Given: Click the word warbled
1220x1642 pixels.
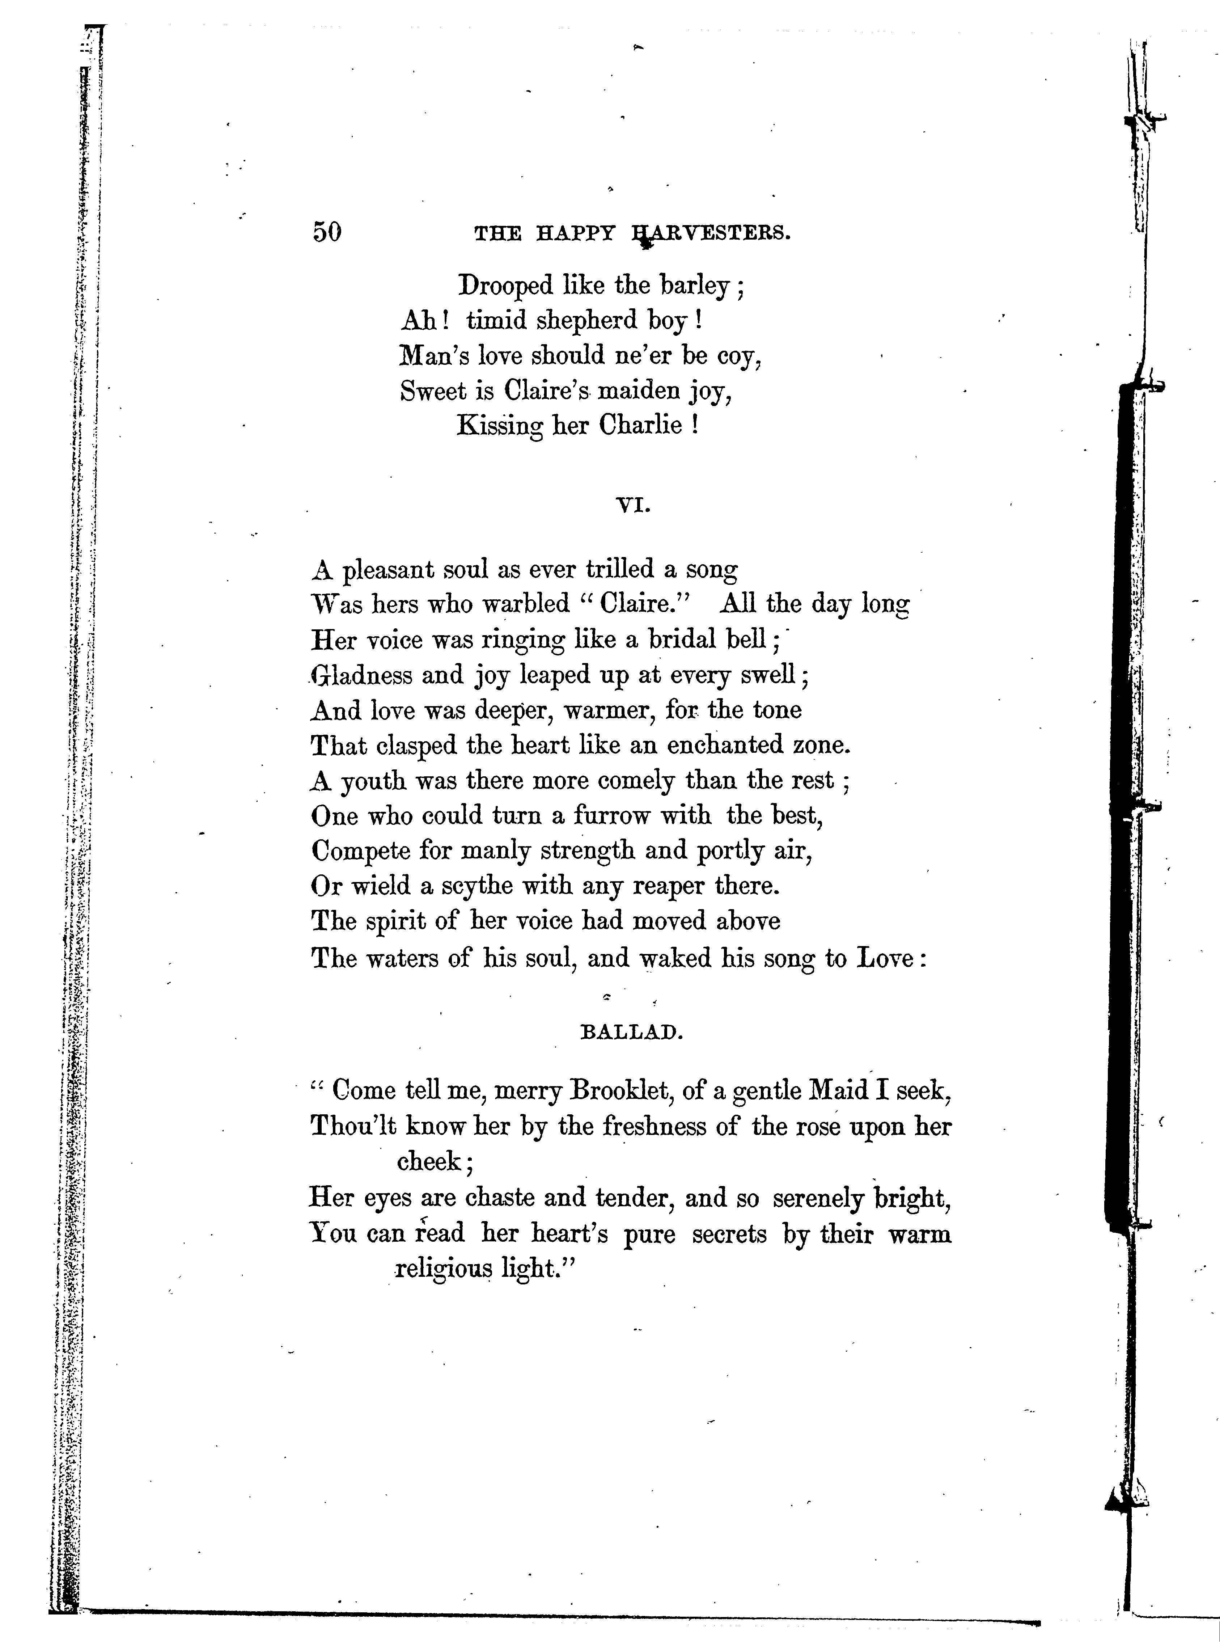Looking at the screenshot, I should click(x=526, y=604).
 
